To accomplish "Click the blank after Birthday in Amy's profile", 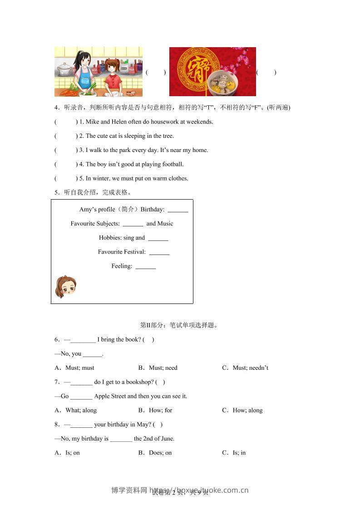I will pos(178,210).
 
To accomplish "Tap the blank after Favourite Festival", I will pos(159,252).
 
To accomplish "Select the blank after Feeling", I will pos(145,267).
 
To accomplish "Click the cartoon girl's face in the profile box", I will pos(66,287).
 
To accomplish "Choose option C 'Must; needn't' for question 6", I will pos(245,368).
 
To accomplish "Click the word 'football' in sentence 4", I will pos(173,164).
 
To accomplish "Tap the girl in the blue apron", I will pos(83,73).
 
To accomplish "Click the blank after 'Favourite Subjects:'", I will pos(133,224).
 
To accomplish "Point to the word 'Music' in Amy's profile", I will pos(165,224).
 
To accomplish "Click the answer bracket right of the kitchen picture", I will pos(156,73).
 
